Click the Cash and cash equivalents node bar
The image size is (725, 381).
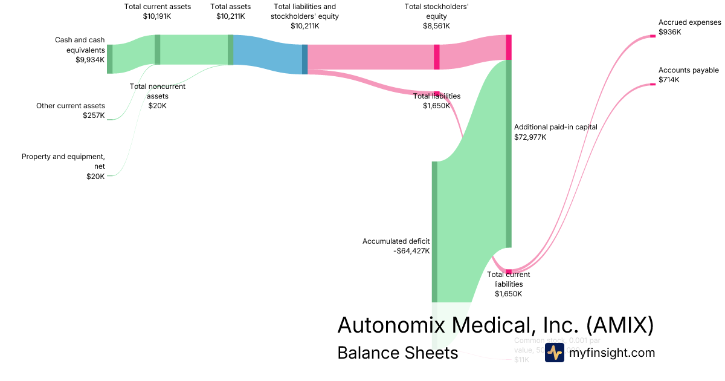tap(109, 59)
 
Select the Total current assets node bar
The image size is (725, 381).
tap(158, 50)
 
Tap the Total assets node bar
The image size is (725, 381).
tap(230, 50)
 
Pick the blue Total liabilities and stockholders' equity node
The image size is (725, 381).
tap(304, 59)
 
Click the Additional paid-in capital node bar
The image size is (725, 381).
tap(509, 154)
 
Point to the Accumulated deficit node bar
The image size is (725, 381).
tap(434, 232)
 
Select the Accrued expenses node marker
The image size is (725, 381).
tap(652, 36)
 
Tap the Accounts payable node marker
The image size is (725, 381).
tap(652, 84)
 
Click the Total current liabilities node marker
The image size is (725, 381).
tap(509, 272)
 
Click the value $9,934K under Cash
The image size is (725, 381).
tap(90, 60)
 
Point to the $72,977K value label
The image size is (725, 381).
tap(530, 137)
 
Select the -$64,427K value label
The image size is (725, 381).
tap(411, 251)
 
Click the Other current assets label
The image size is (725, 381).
tap(70, 106)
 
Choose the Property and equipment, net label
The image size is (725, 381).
tap(63, 161)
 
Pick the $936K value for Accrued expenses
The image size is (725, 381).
tap(669, 32)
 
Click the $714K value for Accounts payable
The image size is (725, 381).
tap(669, 80)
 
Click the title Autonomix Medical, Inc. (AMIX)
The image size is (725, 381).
tap(495, 325)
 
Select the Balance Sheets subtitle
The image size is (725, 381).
tap(398, 353)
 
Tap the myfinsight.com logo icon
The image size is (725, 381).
tap(554, 353)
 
